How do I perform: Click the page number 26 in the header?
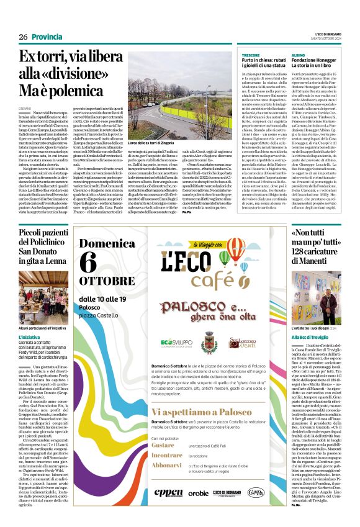(x=23, y=37)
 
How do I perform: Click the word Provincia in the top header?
(x=47, y=37)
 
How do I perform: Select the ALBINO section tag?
(x=298, y=55)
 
